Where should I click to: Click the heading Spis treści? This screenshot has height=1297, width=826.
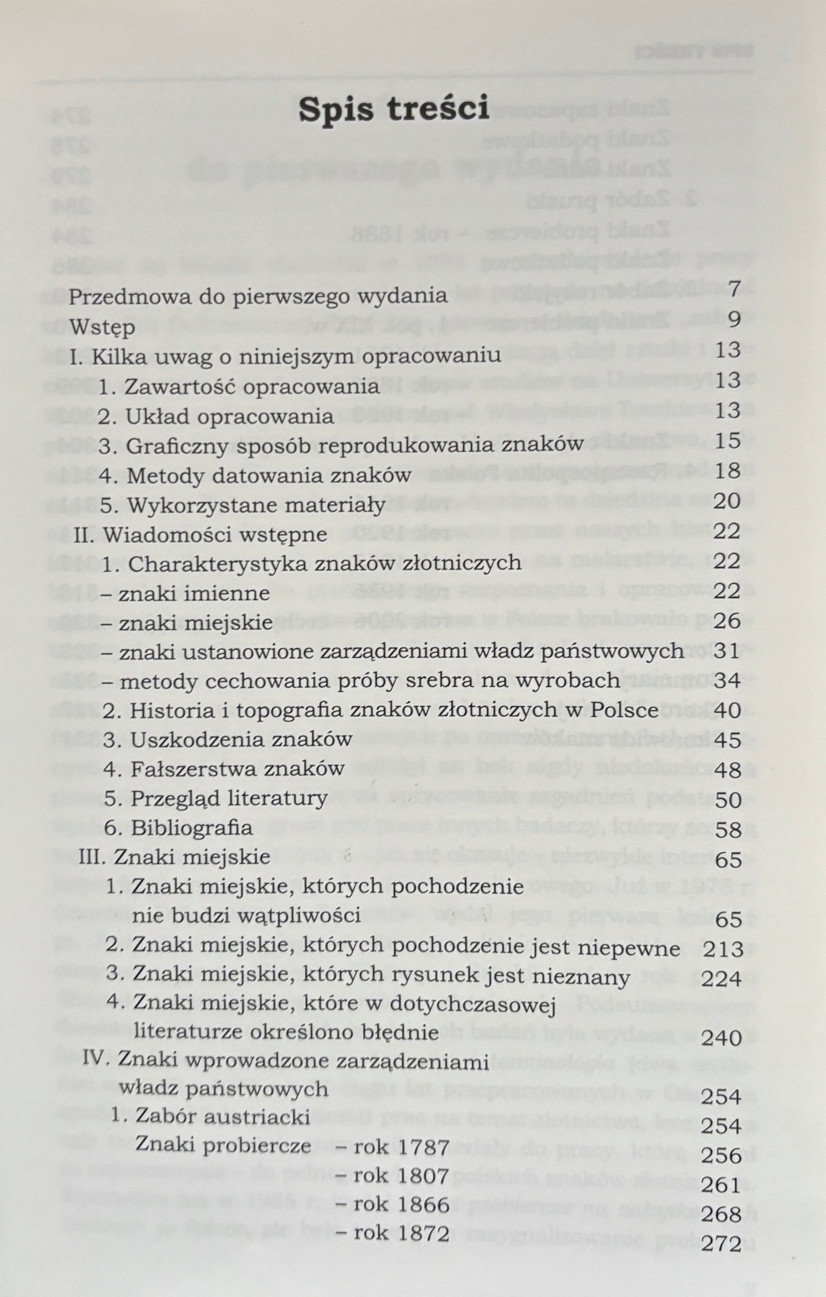click(394, 109)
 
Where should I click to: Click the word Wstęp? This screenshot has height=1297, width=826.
click(102, 328)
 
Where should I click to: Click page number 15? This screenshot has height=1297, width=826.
click(727, 441)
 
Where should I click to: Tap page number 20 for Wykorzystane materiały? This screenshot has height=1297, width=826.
click(727, 501)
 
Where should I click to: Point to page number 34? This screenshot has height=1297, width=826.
click(727, 681)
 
